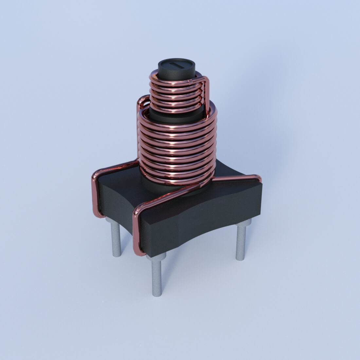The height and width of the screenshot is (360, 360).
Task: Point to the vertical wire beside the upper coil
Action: [x=206, y=92]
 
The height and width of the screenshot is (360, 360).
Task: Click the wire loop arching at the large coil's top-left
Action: [x=141, y=101]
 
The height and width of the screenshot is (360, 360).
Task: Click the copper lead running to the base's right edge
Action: [x=236, y=178]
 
